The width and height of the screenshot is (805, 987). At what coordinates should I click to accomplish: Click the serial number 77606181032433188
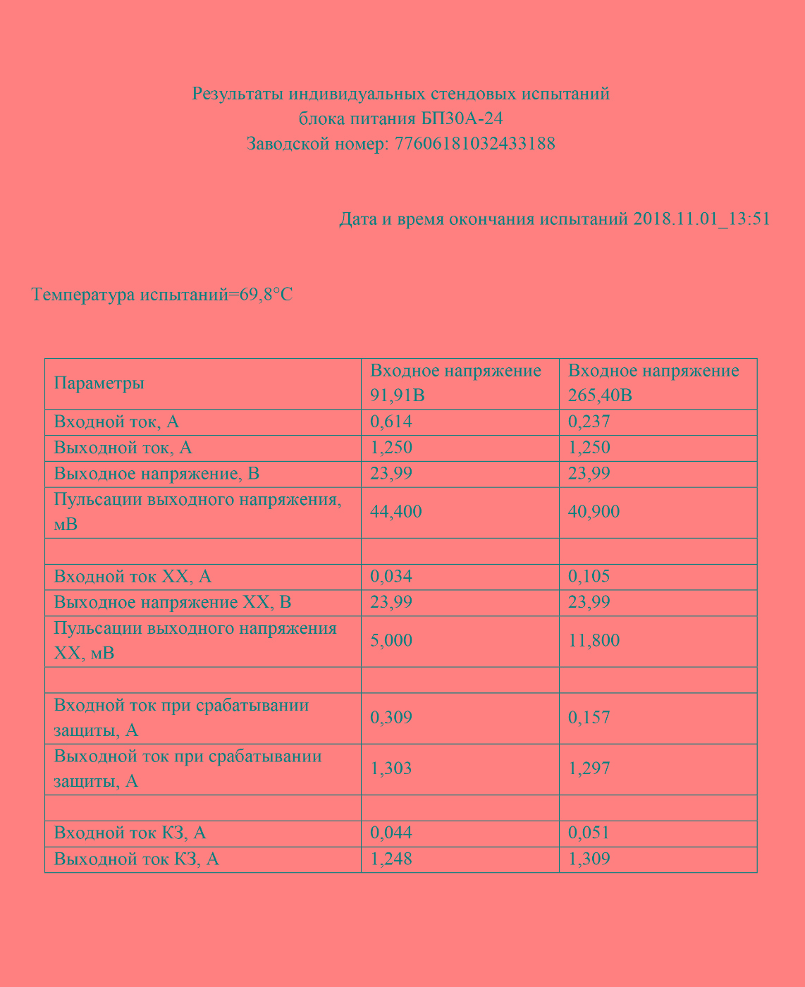pyautogui.click(x=474, y=144)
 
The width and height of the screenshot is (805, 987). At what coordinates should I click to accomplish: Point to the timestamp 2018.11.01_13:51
pyautogui.click(x=701, y=219)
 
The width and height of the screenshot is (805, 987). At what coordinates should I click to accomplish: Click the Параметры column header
pyautogui.click(x=99, y=384)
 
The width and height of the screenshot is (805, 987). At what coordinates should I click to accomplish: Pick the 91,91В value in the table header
pyautogui.click(x=398, y=396)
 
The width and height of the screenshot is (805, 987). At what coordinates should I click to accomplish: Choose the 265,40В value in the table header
pyautogui.click(x=600, y=396)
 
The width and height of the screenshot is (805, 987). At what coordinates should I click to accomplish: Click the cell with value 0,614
pyautogui.click(x=391, y=422)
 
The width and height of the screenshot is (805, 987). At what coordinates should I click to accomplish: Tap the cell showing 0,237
pyautogui.click(x=589, y=422)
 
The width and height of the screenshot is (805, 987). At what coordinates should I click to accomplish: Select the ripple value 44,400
pyautogui.click(x=396, y=512)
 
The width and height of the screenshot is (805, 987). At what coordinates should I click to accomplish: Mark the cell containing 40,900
pyautogui.click(x=594, y=512)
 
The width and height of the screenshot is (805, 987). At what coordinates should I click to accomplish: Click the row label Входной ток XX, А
pyautogui.click(x=133, y=577)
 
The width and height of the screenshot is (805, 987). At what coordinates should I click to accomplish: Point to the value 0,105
pyautogui.click(x=589, y=577)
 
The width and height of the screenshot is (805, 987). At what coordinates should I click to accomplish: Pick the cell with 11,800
pyautogui.click(x=594, y=641)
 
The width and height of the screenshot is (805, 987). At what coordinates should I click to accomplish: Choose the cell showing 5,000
pyautogui.click(x=391, y=641)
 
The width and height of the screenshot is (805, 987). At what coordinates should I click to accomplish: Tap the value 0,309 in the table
pyautogui.click(x=391, y=718)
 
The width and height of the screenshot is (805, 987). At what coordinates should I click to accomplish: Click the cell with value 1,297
pyautogui.click(x=589, y=768)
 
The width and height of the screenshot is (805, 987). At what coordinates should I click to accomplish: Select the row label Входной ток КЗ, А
pyautogui.click(x=130, y=833)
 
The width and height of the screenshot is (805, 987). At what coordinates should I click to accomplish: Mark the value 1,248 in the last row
pyautogui.click(x=391, y=859)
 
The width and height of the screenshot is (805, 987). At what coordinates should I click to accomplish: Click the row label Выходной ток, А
pyautogui.click(x=123, y=448)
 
